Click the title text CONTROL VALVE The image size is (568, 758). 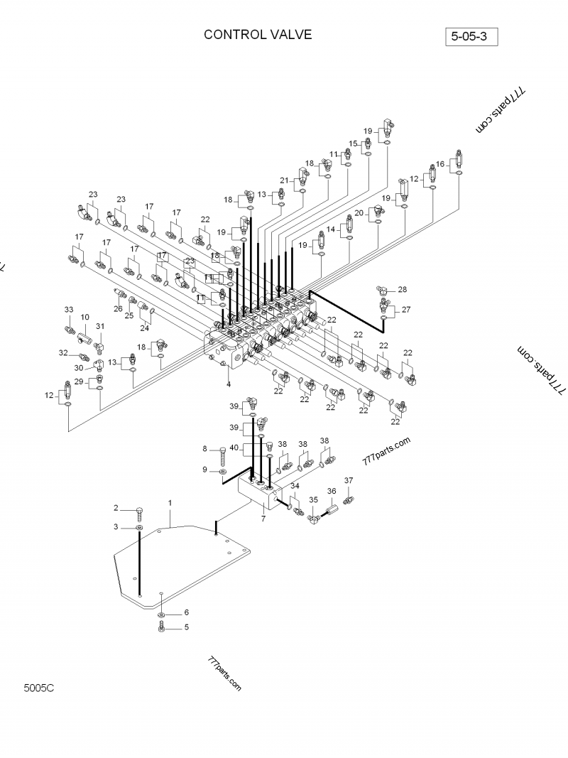[x=257, y=35]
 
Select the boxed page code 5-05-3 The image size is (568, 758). [x=471, y=36]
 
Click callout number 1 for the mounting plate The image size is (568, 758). [x=170, y=503]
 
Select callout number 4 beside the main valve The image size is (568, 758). [x=229, y=384]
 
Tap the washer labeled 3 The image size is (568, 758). [x=140, y=529]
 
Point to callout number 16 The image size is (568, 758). [x=440, y=163]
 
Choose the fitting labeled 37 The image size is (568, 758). [x=348, y=500]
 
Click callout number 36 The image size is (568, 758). [x=331, y=491]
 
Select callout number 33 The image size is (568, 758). [x=69, y=310]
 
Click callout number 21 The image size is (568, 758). [x=284, y=180]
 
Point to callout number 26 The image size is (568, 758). [x=118, y=308]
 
